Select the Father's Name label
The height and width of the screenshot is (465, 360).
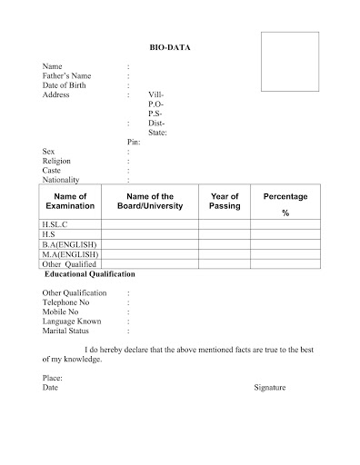coord(66,75)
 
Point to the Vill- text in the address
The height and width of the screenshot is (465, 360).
coord(156,94)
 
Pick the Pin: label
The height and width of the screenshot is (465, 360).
coord(134,143)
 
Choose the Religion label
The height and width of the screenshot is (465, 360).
coord(57,161)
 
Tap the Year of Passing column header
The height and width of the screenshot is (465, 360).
coord(225,201)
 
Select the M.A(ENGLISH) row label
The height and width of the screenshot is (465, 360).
coord(70,255)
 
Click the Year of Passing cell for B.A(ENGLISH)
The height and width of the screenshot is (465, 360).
coord(225,244)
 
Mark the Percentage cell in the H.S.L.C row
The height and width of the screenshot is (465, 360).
coord(285,223)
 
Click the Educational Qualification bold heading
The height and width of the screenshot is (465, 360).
coord(89,273)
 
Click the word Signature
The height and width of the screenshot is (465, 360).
coord(269,387)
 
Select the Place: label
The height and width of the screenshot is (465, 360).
coord(54,376)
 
